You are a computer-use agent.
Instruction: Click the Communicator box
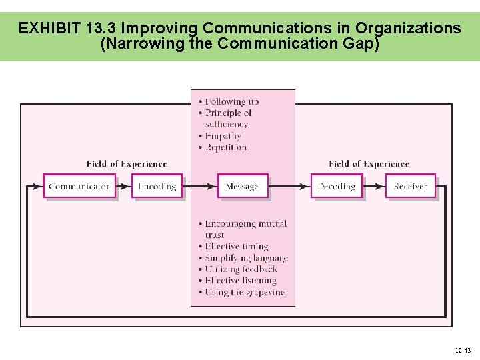[x=79, y=186]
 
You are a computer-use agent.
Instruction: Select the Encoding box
[x=157, y=186]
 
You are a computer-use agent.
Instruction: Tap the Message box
[x=242, y=186]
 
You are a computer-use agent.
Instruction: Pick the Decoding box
[x=337, y=186]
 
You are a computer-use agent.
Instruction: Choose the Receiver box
[x=411, y=186]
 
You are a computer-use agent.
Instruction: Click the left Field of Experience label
[x=127, y=164]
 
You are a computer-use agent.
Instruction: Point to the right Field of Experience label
[x=369, y=164]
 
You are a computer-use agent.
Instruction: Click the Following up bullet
[x=231, y=101]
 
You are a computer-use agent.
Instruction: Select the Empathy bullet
[x=223, y=136]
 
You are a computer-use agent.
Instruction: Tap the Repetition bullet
[x=225, y=147]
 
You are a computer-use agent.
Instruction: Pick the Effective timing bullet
[x=236, y=247]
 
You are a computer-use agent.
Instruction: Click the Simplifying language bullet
[x=246, y=258]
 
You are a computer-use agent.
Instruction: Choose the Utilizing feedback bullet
[x=241, y=269]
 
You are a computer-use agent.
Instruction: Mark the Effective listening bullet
[x=240, y=281]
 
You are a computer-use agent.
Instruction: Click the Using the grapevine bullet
[x=244, y=292]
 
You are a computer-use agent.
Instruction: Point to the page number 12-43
[x=463, y=350]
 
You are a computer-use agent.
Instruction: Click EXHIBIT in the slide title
[x=50, y=28]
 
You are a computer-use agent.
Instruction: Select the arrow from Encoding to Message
[x=200, y=187]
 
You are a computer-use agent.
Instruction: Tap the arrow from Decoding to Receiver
[x=374, y=187]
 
